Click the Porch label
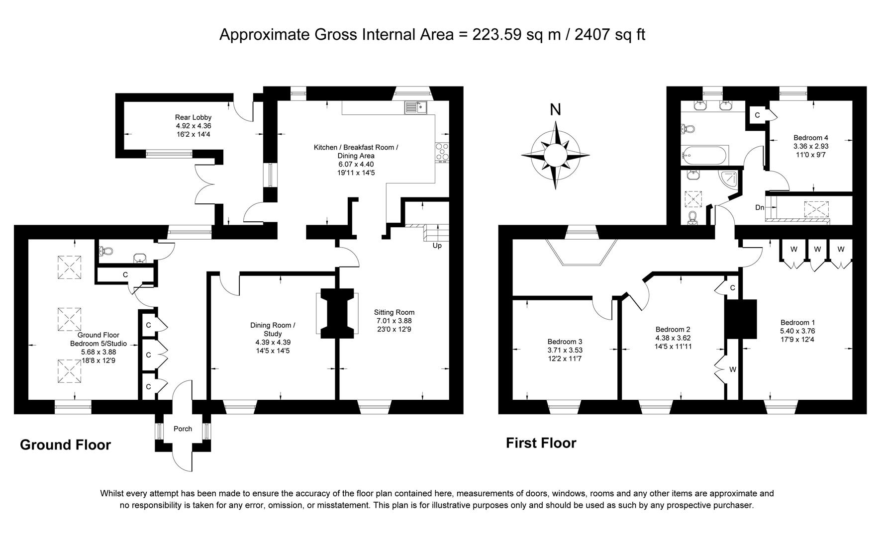(x=183, y=429)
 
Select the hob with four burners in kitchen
(x=442, y=152)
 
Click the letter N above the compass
(x=556, y=109)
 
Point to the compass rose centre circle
(x=555, y=155)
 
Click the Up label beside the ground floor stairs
(x=437, y=246)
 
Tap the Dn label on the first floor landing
(x=760, y=207)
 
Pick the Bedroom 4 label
(x=811, y=138)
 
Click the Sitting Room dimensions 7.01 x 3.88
(x=394, y=321)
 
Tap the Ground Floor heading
(x=65, y=445)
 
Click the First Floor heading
(x=541, y=443)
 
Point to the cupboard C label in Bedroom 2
(x=733, y=288)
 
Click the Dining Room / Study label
(x=273, y=329)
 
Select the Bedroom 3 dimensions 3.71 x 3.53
(x=565, y=350)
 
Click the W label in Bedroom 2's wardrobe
(x=733, y=369)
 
